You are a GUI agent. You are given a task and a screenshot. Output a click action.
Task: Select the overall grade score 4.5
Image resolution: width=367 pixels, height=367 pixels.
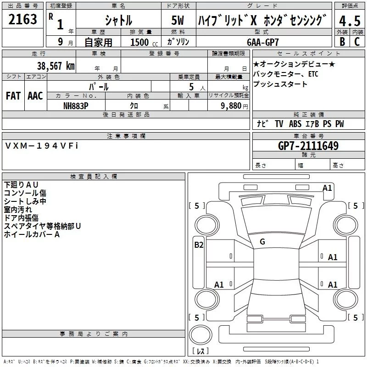click(349, 21)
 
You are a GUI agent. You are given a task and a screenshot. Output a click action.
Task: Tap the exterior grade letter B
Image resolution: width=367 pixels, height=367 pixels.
click(342, 41)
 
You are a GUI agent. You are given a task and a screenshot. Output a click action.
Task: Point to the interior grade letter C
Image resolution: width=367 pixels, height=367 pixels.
click(356, 41)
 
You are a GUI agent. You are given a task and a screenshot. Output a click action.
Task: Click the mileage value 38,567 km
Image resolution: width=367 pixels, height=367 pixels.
click(56, 66)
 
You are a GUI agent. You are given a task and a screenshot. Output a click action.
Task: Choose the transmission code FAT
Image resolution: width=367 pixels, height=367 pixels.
click(13, 96)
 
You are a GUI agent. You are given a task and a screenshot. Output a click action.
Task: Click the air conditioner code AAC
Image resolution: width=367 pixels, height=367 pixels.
click(35, 96)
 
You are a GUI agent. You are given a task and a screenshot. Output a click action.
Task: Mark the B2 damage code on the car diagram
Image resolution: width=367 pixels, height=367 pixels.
click(199, 245)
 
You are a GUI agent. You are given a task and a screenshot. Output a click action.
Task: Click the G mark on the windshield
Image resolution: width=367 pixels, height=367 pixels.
click(262, 242)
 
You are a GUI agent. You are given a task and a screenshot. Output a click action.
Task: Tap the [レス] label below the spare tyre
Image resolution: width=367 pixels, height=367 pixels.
click(200, 351)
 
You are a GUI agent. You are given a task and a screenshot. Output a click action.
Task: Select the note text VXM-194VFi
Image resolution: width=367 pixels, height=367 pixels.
click(42, 145)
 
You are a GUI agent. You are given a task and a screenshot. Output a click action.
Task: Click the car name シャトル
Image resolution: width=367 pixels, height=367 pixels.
click(118, 21)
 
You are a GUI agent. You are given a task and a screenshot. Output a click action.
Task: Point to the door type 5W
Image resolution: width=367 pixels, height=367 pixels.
click(178, 21)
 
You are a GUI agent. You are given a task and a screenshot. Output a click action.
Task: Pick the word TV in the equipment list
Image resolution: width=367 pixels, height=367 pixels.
click(279, 124)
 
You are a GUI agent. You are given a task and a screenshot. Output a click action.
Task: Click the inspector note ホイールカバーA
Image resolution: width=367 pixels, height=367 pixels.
click(32, 234)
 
